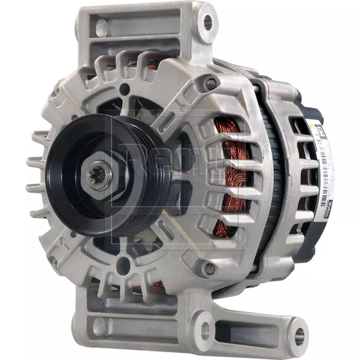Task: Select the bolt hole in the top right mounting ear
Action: [x=208, y=22]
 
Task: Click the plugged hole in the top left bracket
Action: [x=102, y=26]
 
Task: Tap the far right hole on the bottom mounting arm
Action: [x=298, y=336]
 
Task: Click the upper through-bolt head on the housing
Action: [x=211, y=84]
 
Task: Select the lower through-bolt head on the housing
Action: [x=209, y=269]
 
